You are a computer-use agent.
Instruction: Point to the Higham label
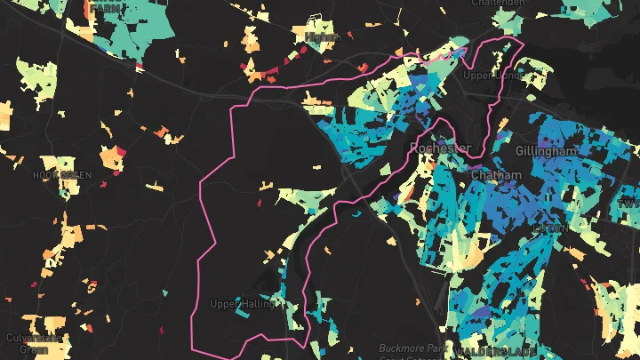pos(322,36)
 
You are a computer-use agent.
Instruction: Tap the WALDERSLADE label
pos(484,353)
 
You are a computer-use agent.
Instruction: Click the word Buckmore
pos(398,347)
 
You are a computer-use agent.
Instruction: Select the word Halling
pos(259,304)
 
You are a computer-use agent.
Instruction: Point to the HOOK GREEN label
pos(62,175)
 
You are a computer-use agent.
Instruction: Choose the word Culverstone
pos(34,338)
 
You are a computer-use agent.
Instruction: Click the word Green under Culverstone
pos(34,349)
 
